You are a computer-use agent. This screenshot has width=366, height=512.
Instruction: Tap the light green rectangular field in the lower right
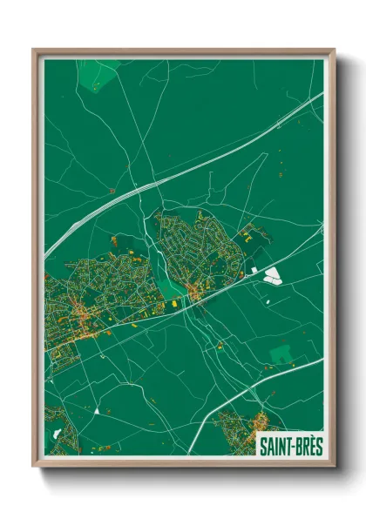click(x=281, y=354)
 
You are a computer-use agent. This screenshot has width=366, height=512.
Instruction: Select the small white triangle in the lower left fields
click(x=97, y=408)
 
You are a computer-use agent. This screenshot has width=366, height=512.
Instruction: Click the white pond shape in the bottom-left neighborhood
click(x=58, y=433)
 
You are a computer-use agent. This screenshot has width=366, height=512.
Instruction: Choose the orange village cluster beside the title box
click(x=235, y=427)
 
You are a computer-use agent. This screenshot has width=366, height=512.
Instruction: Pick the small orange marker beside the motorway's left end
click(x=112, y=190)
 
